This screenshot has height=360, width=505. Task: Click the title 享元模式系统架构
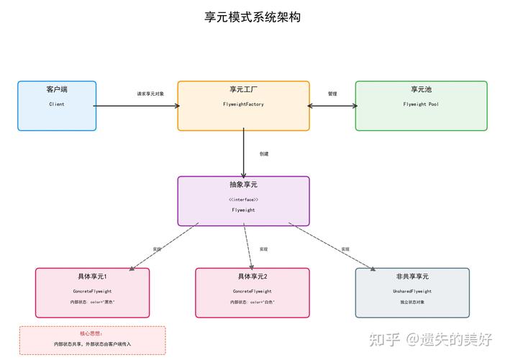point(252,17)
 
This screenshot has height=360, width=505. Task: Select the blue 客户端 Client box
point(57,106)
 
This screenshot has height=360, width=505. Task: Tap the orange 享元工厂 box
point(243,106)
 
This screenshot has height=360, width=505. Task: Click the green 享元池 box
point(421,106)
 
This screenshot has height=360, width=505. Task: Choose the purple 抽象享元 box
point(243,201)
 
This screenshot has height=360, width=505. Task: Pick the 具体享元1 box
point(93,293)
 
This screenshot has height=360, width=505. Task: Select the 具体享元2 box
point(252,293)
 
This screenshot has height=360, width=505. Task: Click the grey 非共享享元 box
point(412,293)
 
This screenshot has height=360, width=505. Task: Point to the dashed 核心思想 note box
point(92,340)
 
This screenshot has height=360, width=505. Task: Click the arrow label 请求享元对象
point(151,94)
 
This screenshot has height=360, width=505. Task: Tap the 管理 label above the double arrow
point(332,94)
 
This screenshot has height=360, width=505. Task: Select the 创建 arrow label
point(264,153)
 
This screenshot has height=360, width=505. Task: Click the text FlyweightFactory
point(243,105)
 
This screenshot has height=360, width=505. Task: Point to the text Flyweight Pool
point(421,104)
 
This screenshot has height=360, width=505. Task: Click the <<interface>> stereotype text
point(243,199)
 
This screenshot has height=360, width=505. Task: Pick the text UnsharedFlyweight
point(412,292)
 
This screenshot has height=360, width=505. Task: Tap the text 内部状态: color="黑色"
point(93,302)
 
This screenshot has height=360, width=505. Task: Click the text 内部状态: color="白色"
point(252,302)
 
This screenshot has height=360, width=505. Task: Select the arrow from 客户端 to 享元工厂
point(137,106)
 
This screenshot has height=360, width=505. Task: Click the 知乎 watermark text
point(381,338)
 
